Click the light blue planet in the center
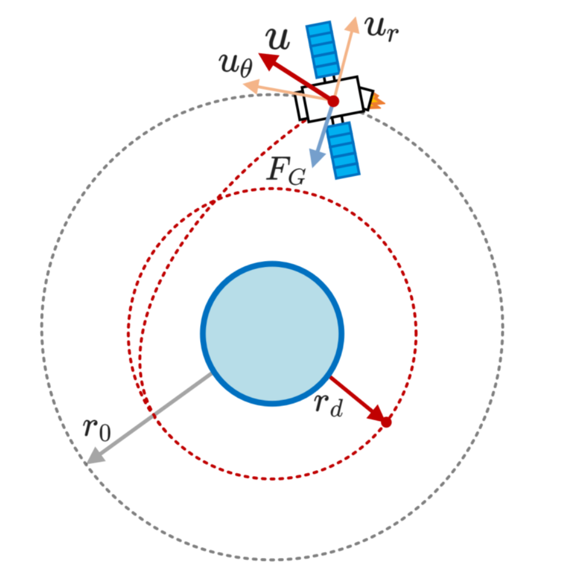point(272,334)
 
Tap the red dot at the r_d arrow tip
point(386,423)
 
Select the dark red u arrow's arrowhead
point(266,59)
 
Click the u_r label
point(382,26)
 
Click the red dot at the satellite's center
point(333,101)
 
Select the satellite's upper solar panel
point(323,50)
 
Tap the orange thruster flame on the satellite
point(378,102)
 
